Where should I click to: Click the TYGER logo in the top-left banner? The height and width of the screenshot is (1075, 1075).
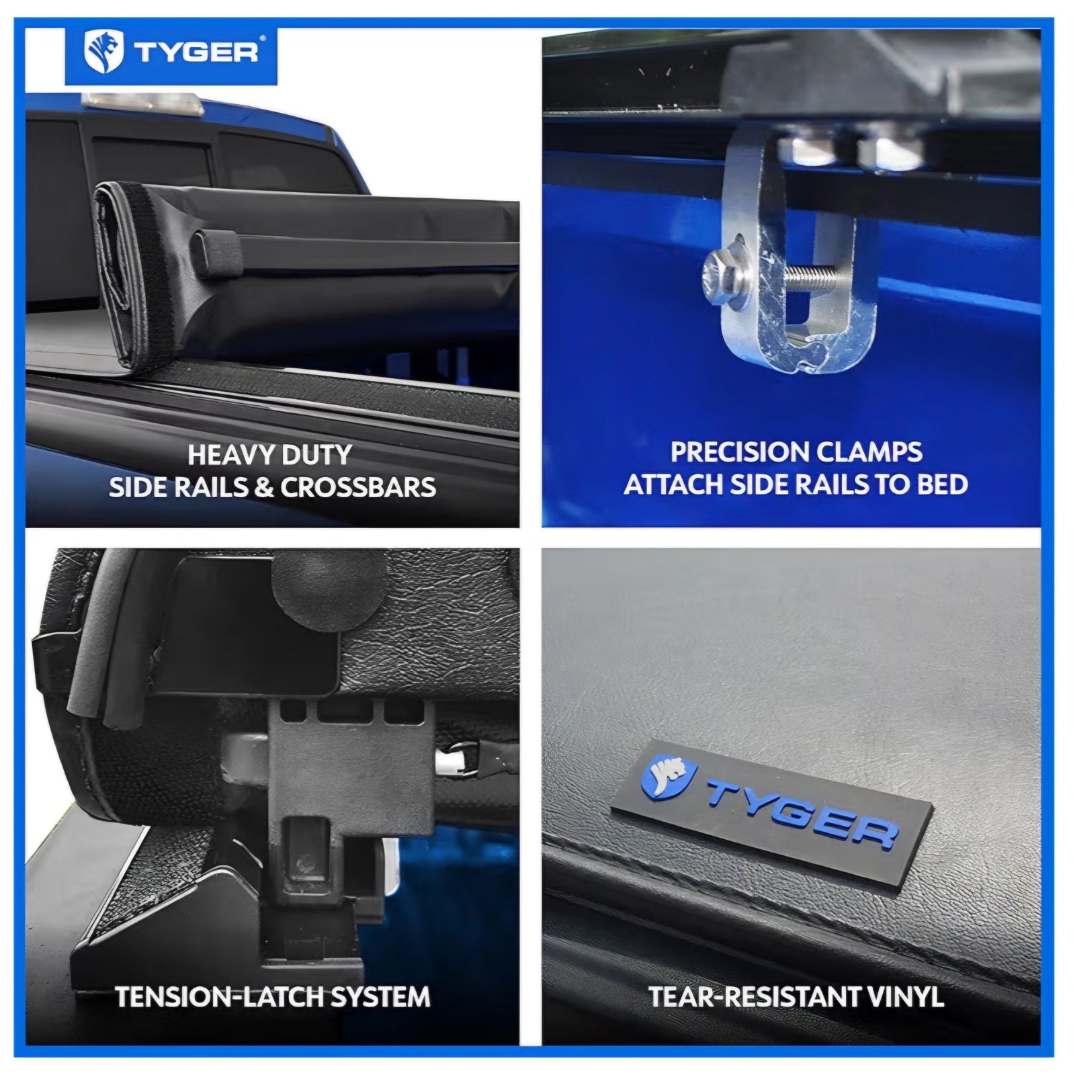point(171,52)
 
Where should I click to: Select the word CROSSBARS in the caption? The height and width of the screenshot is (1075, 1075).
point(358,487)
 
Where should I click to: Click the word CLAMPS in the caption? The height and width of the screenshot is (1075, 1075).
point(865,452)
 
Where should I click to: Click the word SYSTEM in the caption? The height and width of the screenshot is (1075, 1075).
point(378,996)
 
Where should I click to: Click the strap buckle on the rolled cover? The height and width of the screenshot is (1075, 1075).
point(216,253)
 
